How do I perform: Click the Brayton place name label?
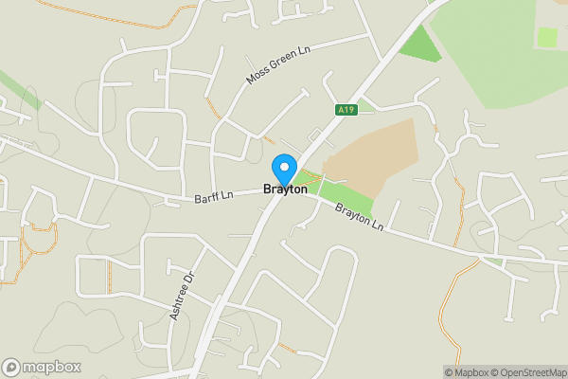click(284, 189)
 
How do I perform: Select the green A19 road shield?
click(346, 111)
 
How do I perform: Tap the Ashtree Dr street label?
click(182, 296)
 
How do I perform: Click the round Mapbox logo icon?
click(11, 368)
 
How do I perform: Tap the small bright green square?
click(547, 37)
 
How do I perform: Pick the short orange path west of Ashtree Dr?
click(110, 276)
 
